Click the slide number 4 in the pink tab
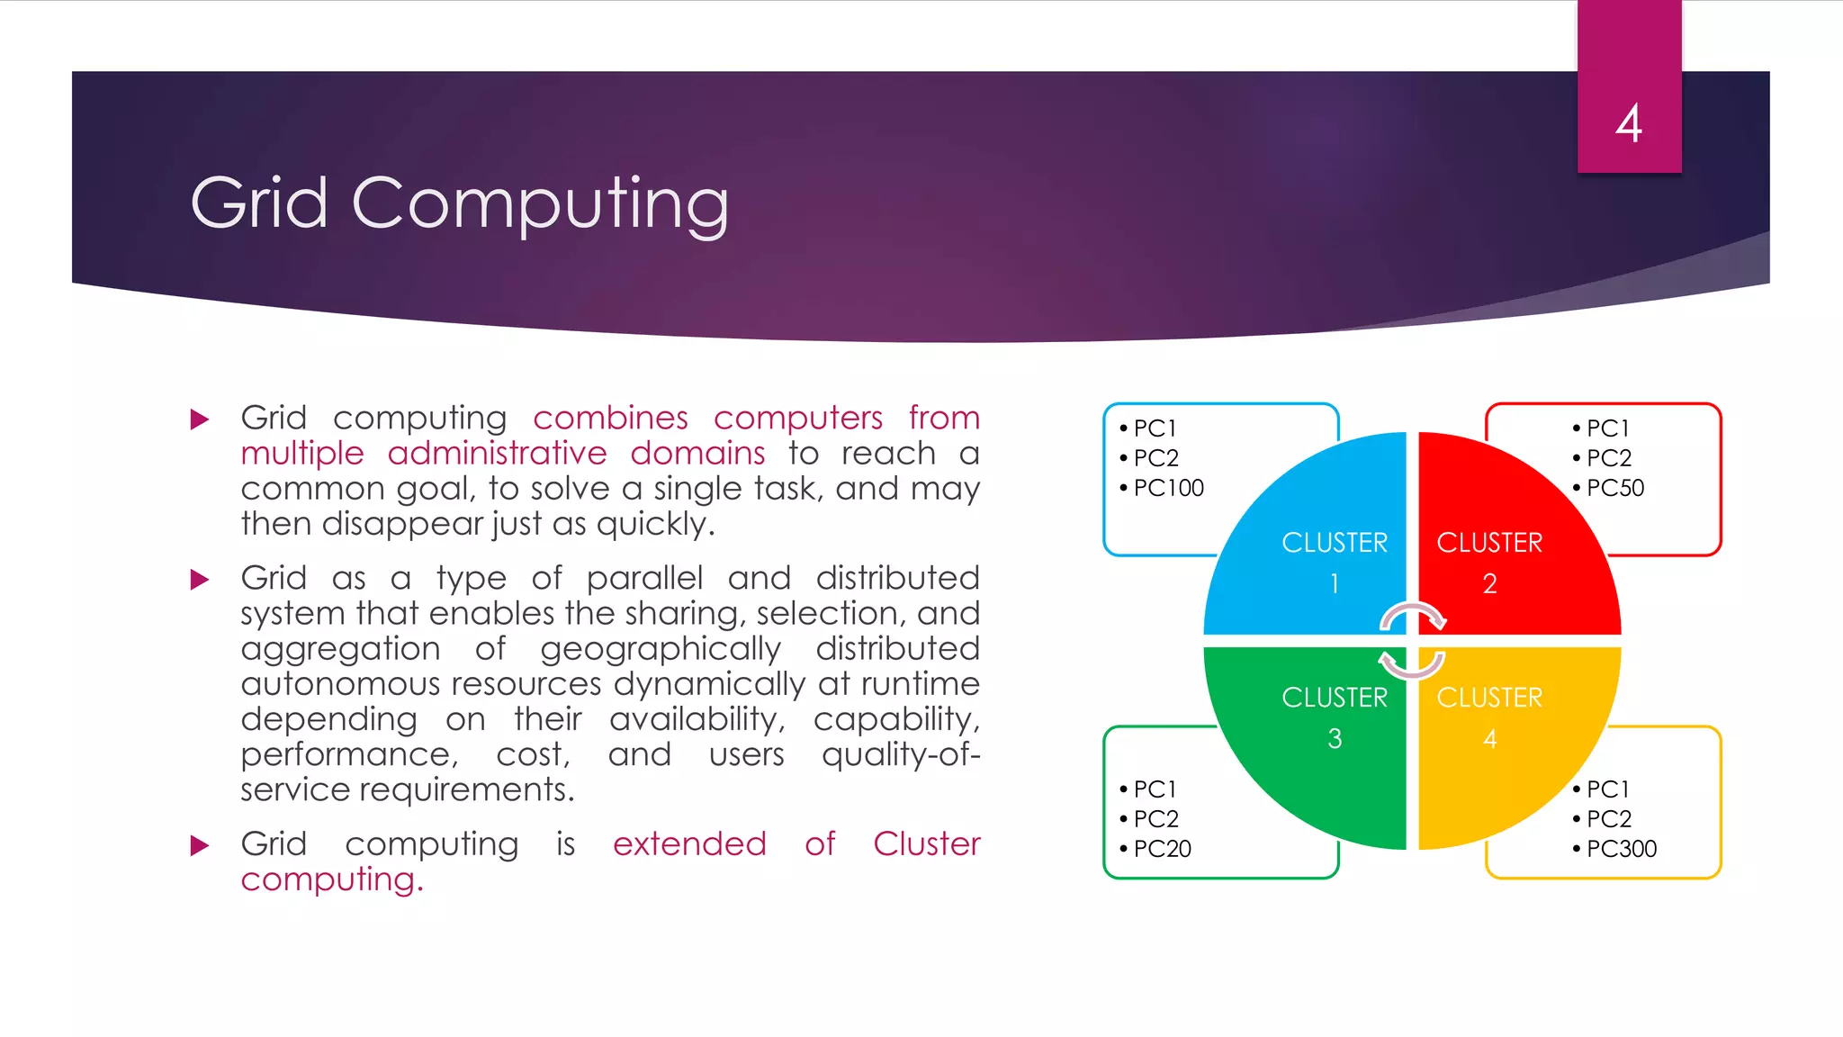1628,123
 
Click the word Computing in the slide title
540,204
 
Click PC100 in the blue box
1168,488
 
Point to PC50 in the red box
1614,488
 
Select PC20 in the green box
1162,849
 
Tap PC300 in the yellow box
1621,849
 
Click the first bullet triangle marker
200,419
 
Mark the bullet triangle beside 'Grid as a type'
200,580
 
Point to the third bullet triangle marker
200,845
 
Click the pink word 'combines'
610,419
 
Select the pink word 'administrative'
497,454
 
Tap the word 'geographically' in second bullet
661,649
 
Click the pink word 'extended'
689,844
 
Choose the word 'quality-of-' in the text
900,754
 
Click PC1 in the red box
1607,428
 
